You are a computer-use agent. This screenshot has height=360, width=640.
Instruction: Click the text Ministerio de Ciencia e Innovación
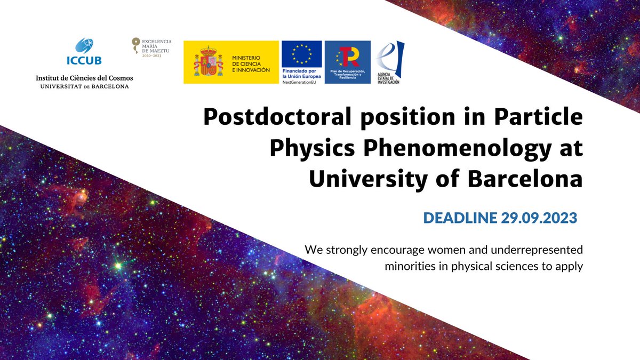tap(250, 62)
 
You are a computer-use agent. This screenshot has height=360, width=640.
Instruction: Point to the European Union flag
tap(301, 54)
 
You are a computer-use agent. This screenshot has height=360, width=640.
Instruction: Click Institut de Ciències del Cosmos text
tap(84, 78)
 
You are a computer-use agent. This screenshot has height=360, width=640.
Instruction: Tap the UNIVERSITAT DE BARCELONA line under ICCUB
tap(84, 86)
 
